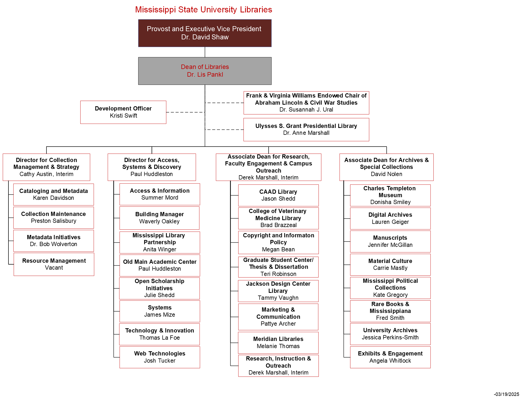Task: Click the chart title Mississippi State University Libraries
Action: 203,10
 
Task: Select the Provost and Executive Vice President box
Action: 205,33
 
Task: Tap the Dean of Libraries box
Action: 205,71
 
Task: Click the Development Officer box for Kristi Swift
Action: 123,112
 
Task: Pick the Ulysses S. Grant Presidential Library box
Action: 306,130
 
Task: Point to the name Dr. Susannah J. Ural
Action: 306,110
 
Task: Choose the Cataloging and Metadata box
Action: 54,194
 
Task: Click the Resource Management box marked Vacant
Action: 54,264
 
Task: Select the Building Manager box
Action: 160,218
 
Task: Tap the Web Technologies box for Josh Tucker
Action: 160,357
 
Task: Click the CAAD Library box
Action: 278,195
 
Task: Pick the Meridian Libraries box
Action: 278,343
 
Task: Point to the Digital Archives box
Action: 390,218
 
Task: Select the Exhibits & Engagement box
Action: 390,357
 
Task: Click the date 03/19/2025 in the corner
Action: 506,394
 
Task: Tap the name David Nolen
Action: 386,174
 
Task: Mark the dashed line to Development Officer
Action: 185,112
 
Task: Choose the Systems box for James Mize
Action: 160,311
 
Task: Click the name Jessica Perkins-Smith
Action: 390,338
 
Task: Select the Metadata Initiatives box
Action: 54,241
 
